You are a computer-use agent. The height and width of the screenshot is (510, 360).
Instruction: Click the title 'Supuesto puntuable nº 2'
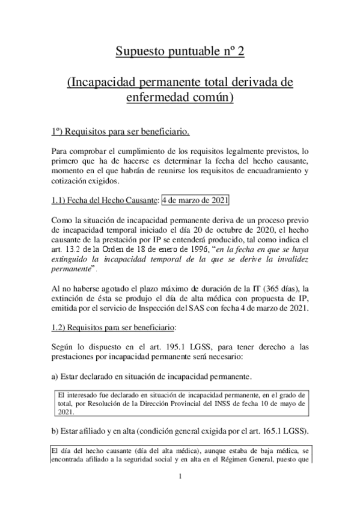click(180, 51)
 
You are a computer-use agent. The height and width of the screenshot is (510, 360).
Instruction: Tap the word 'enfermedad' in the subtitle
click(159, 96)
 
